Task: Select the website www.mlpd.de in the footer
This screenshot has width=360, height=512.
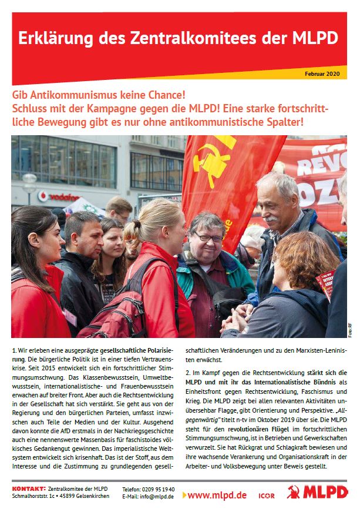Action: tap(217, 495)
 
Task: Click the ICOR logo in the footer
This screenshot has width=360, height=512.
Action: tap(266, 496)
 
